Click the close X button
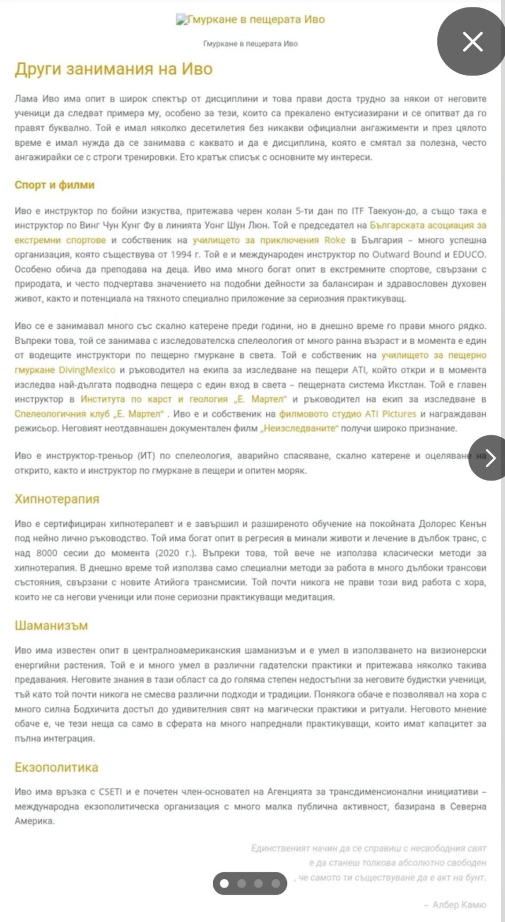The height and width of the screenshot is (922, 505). coord(472,42)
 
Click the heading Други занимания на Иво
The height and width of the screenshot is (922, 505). coord(113,69)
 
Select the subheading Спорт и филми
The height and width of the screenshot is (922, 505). coord(55,185)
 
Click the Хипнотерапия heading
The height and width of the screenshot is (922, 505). coord(57,499)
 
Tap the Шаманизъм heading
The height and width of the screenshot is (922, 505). coord(51,626)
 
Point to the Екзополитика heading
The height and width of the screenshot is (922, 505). coord(57,768)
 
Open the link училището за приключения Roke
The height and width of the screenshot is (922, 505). coord(269,240)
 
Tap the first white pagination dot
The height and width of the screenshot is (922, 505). coord(225,884)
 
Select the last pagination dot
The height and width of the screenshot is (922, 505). coord(275,884)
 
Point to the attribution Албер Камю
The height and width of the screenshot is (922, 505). coord(459,904)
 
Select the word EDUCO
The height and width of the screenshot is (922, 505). coord(469,255)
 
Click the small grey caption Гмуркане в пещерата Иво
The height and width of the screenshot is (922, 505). coord(251,44)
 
